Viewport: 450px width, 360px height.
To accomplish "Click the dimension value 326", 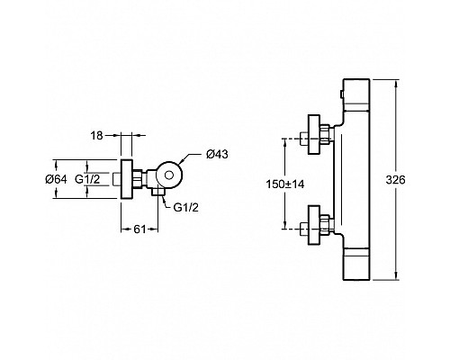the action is click(x=395, y=180).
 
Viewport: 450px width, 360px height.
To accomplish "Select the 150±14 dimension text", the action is click(x=285, y=184).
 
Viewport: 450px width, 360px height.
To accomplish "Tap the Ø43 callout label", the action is click(x=217, y=154).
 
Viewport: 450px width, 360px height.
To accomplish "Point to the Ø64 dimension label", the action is click(x=56, y=179).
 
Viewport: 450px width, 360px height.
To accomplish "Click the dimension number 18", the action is click(x=97, y=136).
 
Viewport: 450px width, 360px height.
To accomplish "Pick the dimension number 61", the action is click(x=139, y=229).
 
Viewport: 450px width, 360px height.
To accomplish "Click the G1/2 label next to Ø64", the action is click(x=87, y=179).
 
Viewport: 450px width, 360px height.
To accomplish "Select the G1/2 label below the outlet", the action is click(x=186, y=207).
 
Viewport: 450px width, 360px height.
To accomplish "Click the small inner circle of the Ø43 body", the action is click(x=169, y=175).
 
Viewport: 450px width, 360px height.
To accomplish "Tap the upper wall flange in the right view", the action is click(x=314, y=135).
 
